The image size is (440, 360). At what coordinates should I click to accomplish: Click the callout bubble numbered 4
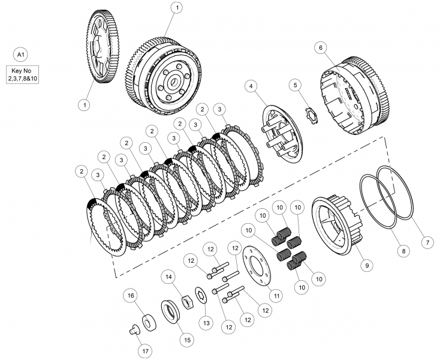tap(250, 86)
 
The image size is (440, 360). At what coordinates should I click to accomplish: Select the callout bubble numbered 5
tap(295, 85)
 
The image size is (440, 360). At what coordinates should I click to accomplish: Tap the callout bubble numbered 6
tap(321, 47)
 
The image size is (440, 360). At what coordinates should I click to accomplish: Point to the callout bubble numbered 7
tap(426, 243)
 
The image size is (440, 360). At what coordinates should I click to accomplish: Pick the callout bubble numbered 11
tap(276, 295)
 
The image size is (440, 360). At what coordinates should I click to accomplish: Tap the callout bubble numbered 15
tap(186, 340)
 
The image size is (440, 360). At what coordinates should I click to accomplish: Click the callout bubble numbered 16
tap(129, 295)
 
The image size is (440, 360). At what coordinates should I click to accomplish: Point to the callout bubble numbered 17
tap(144, 350)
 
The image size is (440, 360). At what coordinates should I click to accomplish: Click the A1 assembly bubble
tap(21, 55)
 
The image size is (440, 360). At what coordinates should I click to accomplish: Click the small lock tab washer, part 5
tap(312, 112)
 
